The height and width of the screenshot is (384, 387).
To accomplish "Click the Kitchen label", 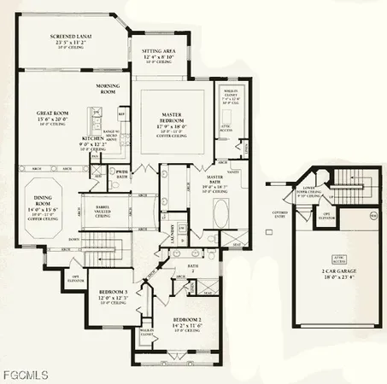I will coord(94,138).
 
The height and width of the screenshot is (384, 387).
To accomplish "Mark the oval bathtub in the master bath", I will coord(217,209).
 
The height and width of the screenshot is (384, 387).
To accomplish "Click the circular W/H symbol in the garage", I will coord(372,216).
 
